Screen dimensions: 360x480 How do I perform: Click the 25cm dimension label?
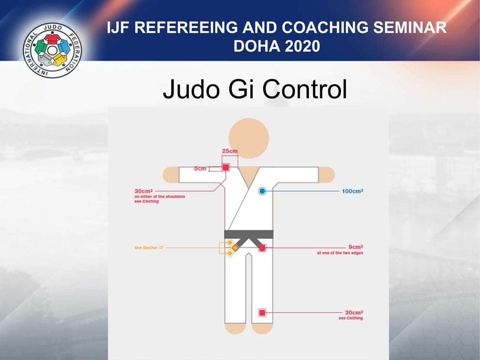[229, 151]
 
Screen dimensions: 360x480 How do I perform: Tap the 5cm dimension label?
[200, 168]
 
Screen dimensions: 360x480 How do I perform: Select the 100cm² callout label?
[353, 191]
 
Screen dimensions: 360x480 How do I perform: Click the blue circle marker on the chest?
[262, 191]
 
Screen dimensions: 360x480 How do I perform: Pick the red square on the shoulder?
[226, 167]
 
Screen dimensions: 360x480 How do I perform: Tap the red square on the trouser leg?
[262, 312]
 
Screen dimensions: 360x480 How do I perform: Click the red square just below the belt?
[262, 247]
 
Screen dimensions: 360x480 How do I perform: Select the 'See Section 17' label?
[149, 247]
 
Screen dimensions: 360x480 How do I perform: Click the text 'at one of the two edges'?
[340, 253]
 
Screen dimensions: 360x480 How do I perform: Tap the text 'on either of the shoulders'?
[160, 196]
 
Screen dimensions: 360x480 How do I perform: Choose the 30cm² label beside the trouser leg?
[354, 312]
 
